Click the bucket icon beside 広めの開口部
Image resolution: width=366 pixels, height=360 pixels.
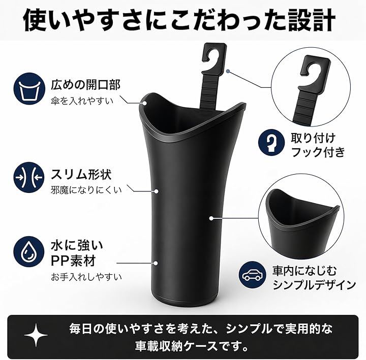[x=29, y=88]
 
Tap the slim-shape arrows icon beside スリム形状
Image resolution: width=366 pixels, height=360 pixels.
[x=29, y=177]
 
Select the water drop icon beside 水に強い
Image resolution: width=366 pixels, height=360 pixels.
[x=29, y=252]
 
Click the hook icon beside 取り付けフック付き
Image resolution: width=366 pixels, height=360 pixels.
[x=271, y=142]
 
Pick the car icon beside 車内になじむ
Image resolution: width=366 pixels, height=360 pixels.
[x=252, y=274]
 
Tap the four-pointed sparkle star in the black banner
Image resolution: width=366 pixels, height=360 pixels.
[x=36, y=335]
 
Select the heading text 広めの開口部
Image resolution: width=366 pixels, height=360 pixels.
[x=86, y=85]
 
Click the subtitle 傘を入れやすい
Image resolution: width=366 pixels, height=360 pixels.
[x=82, y=101]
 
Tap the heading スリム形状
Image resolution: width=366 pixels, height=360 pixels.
[x=81, y=174]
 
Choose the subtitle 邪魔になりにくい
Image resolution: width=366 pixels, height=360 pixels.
[x=86, y=190]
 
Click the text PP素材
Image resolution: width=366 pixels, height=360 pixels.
[x=74, y=260]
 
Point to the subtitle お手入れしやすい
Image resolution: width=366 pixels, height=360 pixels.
[x=86, y=277]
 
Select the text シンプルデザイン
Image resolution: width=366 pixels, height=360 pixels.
[x=314, y=285]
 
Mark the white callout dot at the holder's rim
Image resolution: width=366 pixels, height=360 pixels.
[x=145, y=103]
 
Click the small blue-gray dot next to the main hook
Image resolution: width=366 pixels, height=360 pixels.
[x=228, y=71]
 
